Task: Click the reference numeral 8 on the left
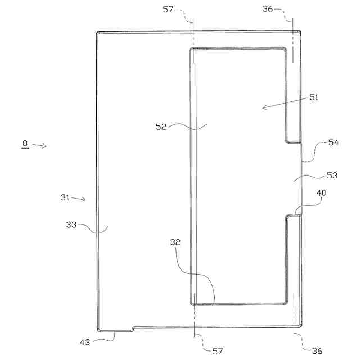25,143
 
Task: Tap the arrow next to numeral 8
39,146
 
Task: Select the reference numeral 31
65,197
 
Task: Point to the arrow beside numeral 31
79,198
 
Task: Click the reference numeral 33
71,224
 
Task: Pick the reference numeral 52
161,127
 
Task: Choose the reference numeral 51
313,97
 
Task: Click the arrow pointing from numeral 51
284,103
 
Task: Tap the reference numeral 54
333,142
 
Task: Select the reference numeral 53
332,175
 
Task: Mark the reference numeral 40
321,192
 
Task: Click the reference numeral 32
175,242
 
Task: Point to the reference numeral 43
84,341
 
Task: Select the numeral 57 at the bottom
217,350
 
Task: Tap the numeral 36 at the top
268,8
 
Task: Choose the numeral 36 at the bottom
317,350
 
